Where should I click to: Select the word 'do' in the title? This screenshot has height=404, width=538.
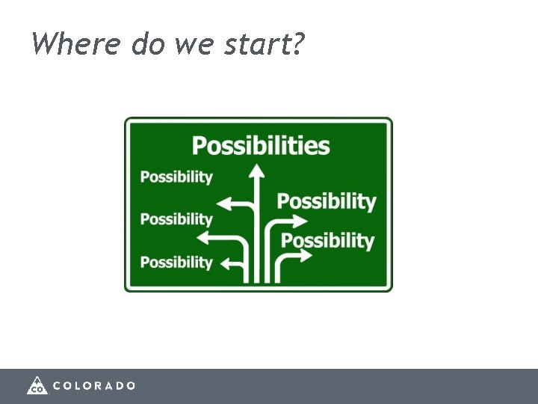coord(147,44)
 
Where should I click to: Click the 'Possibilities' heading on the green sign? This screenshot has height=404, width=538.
coord(261,145)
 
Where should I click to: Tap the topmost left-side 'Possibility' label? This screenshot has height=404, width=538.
coord(176,177)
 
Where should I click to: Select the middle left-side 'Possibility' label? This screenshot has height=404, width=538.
coord(176,219)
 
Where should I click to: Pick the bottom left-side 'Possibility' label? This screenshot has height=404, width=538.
coord(176,263)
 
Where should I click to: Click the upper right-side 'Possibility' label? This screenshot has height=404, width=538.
coord(327,201)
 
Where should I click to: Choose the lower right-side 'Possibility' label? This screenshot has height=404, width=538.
coord(327,241)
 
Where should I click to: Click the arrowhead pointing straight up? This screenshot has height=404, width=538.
coord(257,171)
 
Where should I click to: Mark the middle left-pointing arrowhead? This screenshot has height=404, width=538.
coord(202,238)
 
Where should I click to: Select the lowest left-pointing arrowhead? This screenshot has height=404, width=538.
coord(226,265)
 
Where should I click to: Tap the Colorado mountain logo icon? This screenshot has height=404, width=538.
coord(37,385)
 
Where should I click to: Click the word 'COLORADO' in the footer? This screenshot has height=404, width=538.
coord(94,385)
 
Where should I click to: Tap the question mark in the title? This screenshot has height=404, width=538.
coord(298,44)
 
